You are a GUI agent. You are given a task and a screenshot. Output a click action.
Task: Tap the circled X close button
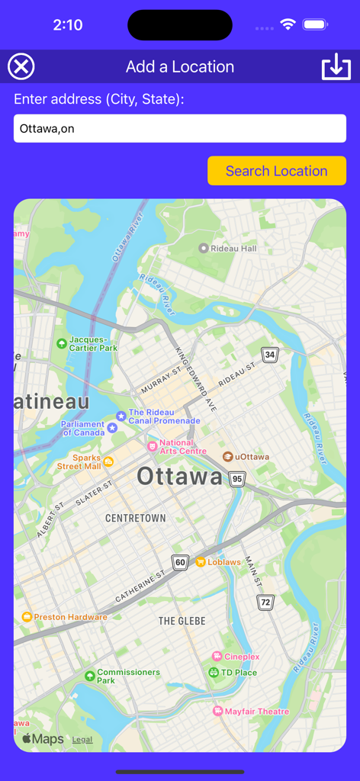coord(21,67)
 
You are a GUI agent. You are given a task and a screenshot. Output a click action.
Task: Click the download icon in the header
coord(336,67)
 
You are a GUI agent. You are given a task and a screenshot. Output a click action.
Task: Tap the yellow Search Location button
coord(276,171)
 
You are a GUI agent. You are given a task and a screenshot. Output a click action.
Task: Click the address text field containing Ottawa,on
coord(180,128)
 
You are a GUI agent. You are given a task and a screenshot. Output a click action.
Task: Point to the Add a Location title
coord(180,67)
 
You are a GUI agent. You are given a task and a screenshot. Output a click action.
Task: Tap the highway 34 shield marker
coord(270,355)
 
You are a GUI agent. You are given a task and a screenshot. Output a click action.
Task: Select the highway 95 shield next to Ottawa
coord(237,479)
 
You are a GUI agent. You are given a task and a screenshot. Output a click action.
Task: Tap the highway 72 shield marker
coord(265,603)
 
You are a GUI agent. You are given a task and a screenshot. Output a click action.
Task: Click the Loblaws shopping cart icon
coord(201,562)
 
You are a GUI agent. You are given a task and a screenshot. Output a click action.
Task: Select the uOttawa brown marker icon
coord(227,457)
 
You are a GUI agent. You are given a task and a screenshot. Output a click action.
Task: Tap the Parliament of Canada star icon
coord(113,428)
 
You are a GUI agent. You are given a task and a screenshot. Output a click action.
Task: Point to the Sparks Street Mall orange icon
coord(108,461)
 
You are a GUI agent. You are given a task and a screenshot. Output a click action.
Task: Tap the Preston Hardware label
coord(70,617)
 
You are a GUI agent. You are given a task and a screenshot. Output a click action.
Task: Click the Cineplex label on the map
coord(242,657)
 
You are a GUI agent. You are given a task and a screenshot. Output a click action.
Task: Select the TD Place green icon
coord(214,673)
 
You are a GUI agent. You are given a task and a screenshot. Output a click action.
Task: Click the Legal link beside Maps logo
coord(82,740)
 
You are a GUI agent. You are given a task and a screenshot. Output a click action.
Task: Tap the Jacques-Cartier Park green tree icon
coord(62,344)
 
